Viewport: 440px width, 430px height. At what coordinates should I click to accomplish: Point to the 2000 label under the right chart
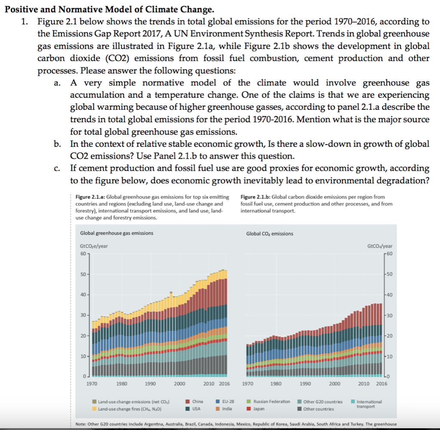[335, 384]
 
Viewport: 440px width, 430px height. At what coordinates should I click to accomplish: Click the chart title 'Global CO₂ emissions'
[270, 233]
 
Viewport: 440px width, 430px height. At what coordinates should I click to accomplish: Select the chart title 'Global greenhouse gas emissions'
[117, 233]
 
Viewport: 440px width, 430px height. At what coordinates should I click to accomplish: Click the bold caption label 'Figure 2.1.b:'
[256, 197]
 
